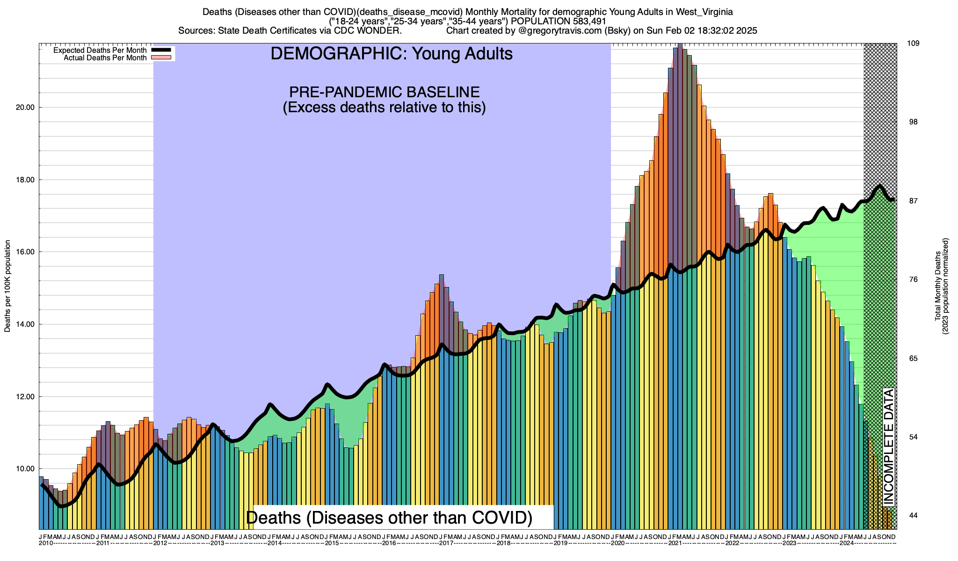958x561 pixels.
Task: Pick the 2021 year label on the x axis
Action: click(675, 543)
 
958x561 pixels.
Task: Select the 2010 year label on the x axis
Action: click(46, 543)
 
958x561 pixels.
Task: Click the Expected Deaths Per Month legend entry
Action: click(100, 50)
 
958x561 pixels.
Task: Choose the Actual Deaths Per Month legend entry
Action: click(105, 58)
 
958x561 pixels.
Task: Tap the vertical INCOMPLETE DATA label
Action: click(889, 446)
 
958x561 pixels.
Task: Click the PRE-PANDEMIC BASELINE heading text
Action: click(384, 92)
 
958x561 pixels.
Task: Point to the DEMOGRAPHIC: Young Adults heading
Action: click(392, 54)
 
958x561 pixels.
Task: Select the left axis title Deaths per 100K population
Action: click(7, 286)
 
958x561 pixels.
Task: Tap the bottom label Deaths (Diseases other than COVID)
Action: click(389, 518)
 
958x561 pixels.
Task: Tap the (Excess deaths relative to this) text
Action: click(384, 108)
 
